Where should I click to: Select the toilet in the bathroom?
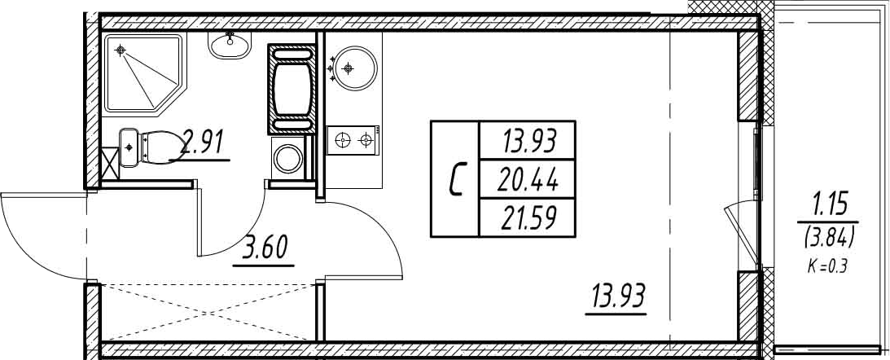(151, 147)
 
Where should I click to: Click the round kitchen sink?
(356, 68)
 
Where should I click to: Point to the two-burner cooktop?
(353, 141)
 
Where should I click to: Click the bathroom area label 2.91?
(201, 144)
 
